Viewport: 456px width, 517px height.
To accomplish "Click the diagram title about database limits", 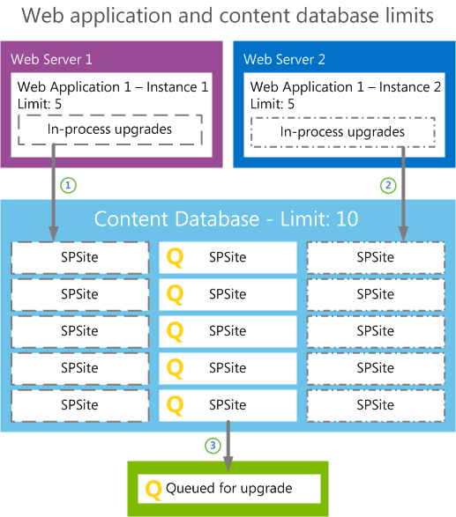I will (228, 16).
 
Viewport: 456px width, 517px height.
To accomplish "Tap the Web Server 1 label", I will (51, 60).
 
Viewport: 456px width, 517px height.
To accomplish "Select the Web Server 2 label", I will (284, 60).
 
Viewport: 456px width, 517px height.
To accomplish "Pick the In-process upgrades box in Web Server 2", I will (342, 132).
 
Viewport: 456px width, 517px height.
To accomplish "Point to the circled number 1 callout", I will (68, 186).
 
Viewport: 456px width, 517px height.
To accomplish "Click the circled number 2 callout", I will (388, 186).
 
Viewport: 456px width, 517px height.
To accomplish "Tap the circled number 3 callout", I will (213, 446).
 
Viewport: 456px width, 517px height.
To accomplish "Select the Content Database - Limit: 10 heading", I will (227, 218).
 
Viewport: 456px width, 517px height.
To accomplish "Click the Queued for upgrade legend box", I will (228, 487).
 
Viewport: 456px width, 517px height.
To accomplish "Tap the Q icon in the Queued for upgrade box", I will (153, 488).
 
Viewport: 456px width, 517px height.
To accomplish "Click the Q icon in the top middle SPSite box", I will (176, 257).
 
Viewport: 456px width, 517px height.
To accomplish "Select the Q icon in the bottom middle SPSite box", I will (176, 405).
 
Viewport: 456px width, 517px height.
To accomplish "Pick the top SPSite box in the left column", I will (80, 257).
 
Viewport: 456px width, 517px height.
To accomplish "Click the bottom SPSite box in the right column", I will (375, 405).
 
